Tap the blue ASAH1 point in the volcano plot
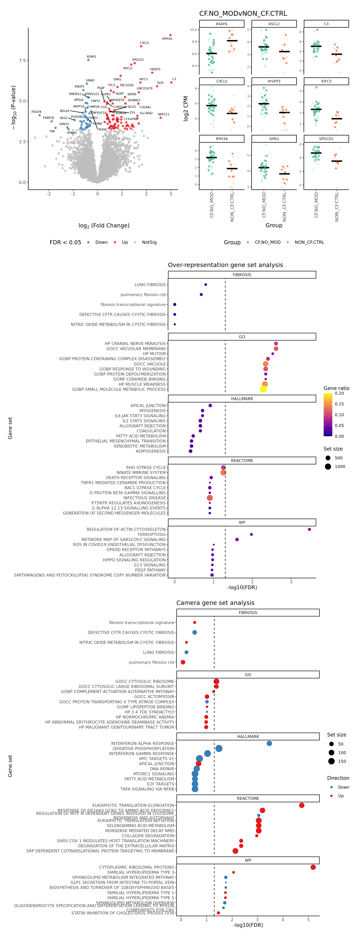[88, 60]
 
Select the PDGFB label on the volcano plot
[36, 112]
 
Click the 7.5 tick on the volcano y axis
[22, 60]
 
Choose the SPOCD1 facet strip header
[326, 139]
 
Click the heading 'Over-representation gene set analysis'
[225, 265]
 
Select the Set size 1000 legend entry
[340, 466]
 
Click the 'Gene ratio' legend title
[336, 388]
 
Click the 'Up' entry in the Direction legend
[341, 796]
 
